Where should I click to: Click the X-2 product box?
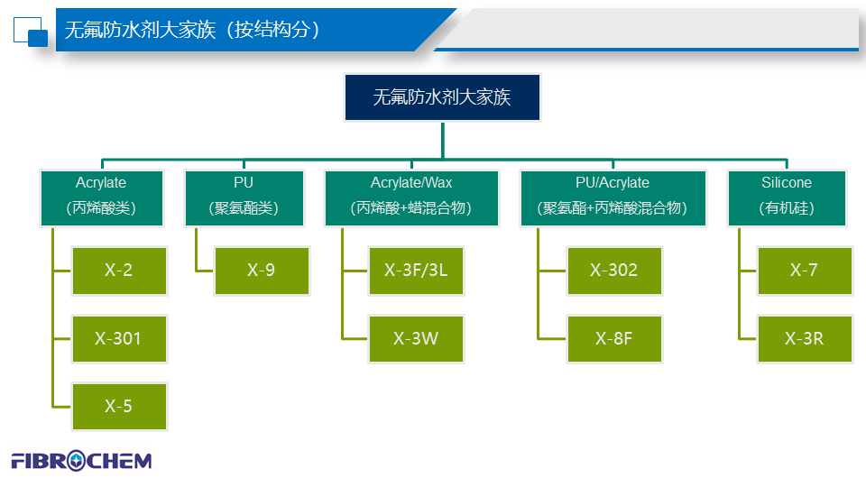(x=119, y=270)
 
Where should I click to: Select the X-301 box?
(x=119, y=338)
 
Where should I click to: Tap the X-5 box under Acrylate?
(x=119, y=406)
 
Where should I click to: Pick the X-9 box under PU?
(x=261, y=270)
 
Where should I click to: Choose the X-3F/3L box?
(x=416, y=270)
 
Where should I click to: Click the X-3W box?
(x=416, y=338)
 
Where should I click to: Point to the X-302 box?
(x=614, y=270)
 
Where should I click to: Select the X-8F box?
(x=614, y=338)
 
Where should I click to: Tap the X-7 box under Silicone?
(x=804, y=270)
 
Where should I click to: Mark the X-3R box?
(x=804, y=338)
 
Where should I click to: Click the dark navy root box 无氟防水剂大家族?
(x=442, y=97)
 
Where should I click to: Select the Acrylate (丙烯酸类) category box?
(x=101, y=196)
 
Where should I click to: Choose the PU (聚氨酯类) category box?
(x=244, y=196)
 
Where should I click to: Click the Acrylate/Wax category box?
(x=411, y=196)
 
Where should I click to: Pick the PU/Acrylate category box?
(x=613, y=196)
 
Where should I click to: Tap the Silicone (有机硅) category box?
(x=787, y=196)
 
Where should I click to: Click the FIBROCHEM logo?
(x=81, y=461)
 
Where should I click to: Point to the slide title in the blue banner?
(x=193, y=30)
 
